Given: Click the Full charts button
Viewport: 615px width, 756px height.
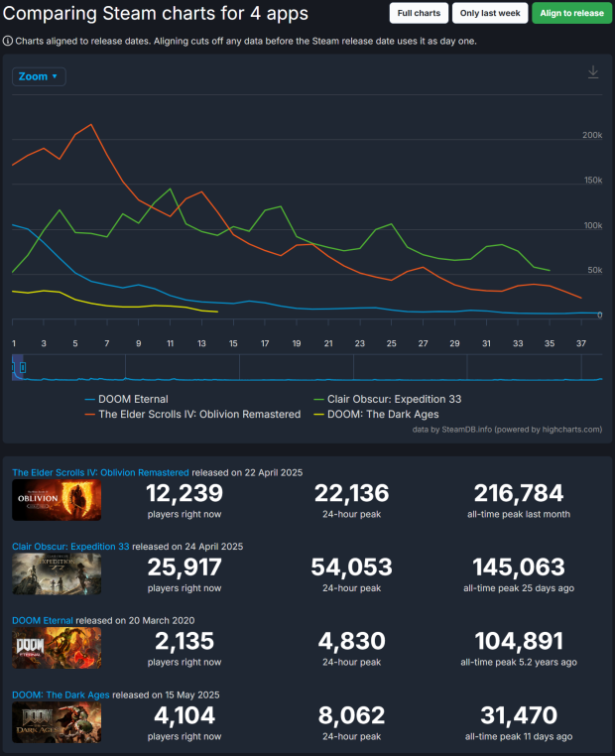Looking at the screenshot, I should tap(419, 13).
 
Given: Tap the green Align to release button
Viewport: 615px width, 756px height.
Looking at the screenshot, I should tap(571, 13).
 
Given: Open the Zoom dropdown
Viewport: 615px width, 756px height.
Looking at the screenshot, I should tap(39, 76).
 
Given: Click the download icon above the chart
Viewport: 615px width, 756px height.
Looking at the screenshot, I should tap(593, 72).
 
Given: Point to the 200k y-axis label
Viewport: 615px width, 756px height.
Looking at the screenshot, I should tap(592, 135).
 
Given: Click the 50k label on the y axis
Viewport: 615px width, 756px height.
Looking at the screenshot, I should tap(594, 270).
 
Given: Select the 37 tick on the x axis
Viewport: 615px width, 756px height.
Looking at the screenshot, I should tap(581, 343).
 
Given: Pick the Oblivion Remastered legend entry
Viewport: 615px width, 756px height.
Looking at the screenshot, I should tap(198, 414).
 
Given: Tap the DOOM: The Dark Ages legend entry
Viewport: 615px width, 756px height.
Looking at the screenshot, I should tap(382, 414).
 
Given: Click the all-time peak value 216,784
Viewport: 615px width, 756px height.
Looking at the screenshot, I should tap(518, 493).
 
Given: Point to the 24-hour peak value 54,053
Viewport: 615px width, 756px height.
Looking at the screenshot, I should tap(351, 567).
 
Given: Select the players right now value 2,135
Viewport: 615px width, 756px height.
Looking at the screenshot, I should tap(184, 641).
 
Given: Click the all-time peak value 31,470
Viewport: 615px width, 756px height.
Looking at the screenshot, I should tap(518, 714).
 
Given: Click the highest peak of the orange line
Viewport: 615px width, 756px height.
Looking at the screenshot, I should tap(91, 125).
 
